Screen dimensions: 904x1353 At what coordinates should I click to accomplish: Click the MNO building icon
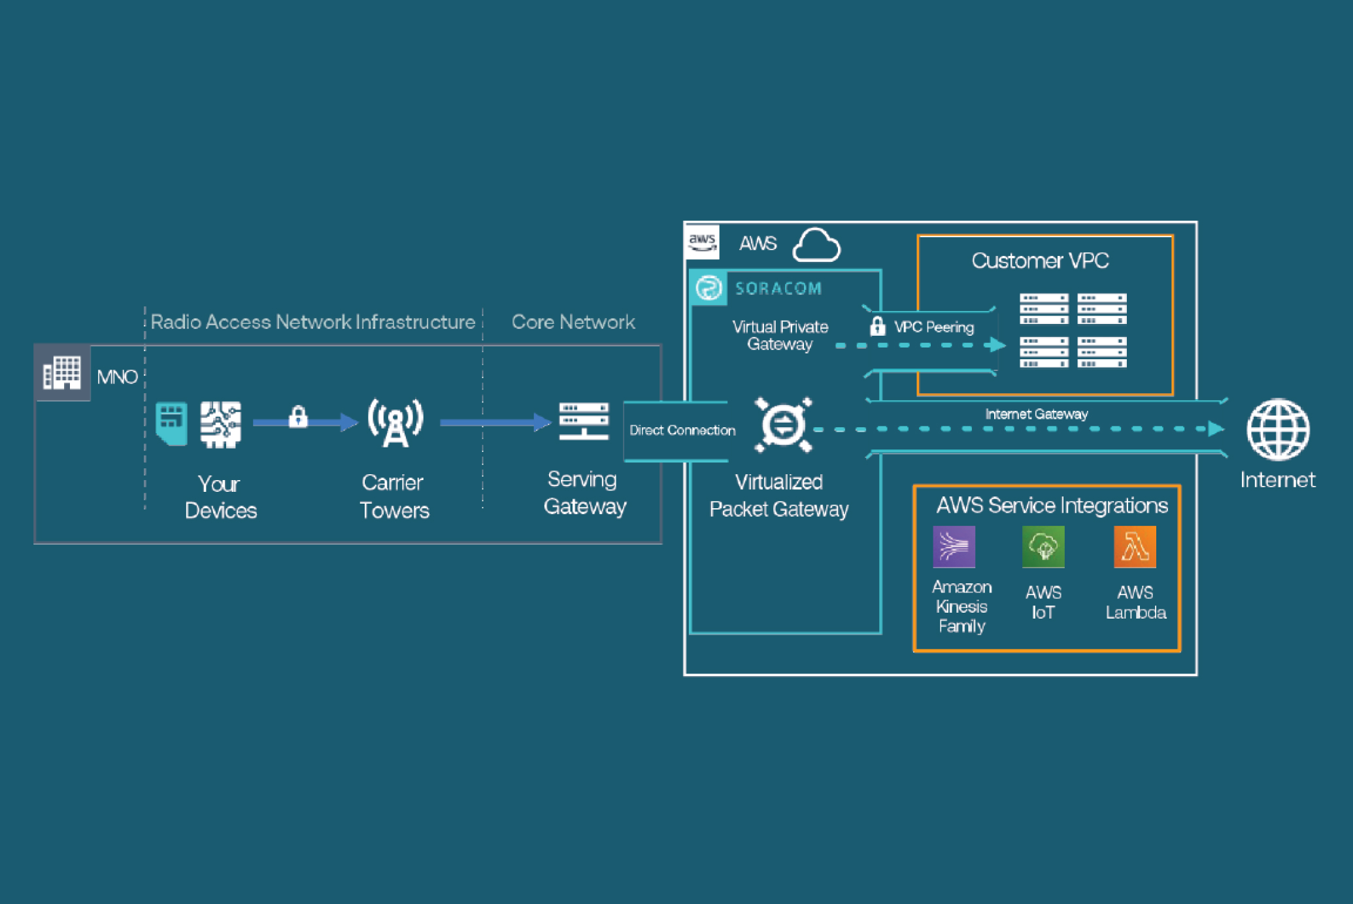click(62, 372)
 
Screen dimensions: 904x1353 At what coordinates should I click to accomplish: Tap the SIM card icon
click(171, 424)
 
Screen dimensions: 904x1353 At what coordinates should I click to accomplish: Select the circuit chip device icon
click(220, 424)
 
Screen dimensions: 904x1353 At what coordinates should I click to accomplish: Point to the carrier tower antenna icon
click(395, 423)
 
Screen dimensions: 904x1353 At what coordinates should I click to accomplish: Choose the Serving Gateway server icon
click(584, 421)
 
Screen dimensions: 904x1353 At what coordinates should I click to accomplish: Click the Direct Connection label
click(682, 430)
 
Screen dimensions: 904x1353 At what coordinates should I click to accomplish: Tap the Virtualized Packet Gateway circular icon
click(783, 425)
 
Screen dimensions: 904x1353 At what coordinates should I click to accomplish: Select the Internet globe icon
click(1278, 429)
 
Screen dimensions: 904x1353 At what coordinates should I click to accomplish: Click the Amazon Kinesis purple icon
click(954, 547)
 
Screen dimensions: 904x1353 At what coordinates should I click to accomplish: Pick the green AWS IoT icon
click(1043, 547)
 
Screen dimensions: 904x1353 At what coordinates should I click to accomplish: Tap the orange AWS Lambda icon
click(1135, 547)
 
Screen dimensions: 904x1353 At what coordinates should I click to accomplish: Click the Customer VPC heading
click(1040, 261)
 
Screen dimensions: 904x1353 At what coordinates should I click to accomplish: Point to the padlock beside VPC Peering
click(877, 325)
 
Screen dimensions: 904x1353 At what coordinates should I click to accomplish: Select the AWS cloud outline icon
click(816, 245)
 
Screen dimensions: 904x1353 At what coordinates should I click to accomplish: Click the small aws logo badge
click(703, 242)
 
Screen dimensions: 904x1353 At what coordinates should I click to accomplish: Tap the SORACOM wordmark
click(778, 289)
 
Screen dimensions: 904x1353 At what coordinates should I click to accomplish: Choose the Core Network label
click(573, 322)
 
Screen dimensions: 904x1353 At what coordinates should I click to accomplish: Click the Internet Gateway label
click(1036, 414)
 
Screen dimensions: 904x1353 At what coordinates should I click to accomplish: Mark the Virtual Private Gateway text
click(780, 335)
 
